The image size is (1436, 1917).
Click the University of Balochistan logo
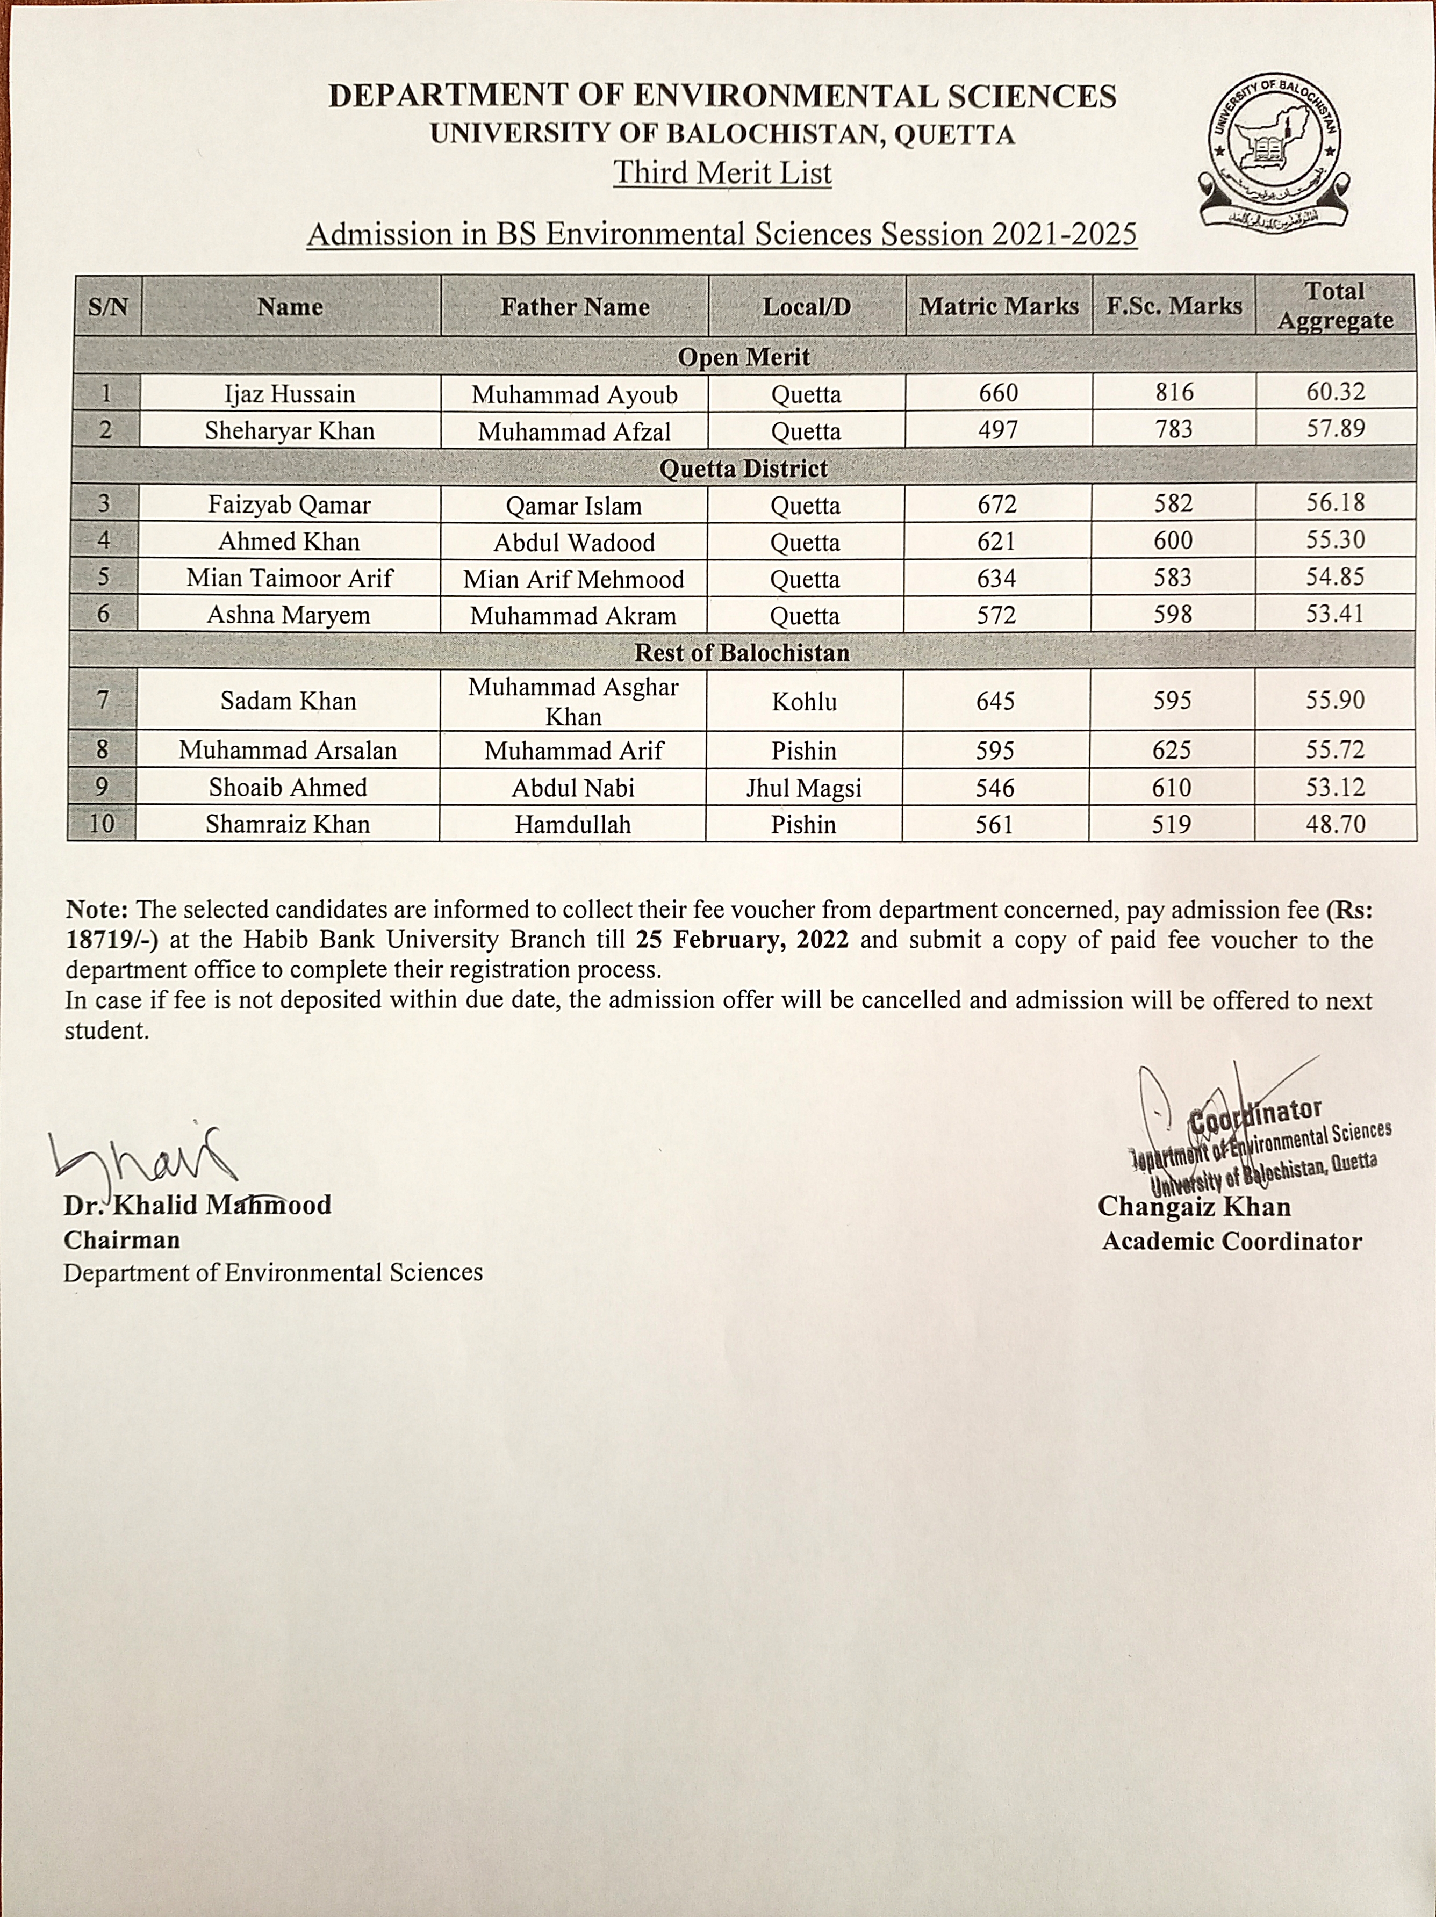[1274, 152]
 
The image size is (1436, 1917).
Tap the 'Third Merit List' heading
[722, 172]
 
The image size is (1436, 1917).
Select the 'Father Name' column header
[575, 307]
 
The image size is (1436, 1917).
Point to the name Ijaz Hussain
[290, 394]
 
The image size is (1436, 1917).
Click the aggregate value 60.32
[1336, 392]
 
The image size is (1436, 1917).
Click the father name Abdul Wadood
[574, 543]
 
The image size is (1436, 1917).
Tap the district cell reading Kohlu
[804, 701]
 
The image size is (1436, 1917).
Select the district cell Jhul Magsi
[803, 788]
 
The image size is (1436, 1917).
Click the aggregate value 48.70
[1336, 824]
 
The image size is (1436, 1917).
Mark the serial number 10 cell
[102, 823]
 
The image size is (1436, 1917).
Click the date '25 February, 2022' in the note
[741, 940]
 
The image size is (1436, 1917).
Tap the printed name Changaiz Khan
[1193, 1206]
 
